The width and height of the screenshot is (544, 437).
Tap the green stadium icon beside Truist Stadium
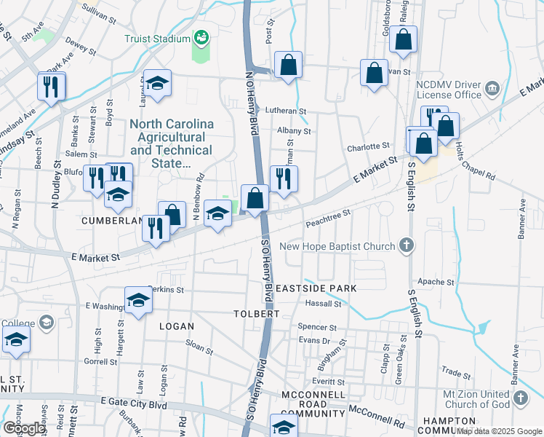201,36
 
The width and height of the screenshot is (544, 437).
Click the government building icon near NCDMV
492,89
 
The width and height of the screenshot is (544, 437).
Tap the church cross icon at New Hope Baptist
407,246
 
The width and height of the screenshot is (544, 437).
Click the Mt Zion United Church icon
520,398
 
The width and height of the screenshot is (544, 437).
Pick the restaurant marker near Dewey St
52,87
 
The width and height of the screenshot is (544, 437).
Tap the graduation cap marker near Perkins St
137,300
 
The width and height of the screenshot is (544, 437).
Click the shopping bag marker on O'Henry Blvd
255,197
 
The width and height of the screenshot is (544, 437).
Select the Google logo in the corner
23,428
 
